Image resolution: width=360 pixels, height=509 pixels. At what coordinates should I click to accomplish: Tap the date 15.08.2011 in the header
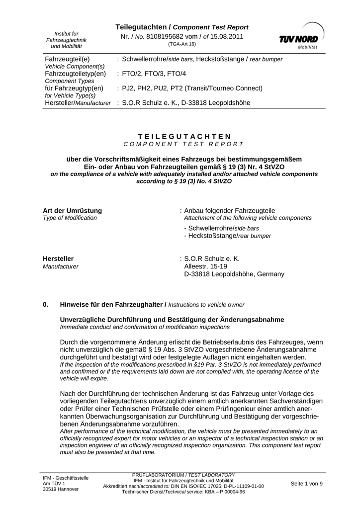tap(227, 37)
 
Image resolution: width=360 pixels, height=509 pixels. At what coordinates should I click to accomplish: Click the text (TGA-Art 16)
tap(181, 44)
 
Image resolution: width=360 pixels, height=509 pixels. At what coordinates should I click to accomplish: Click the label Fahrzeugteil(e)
tap(67, 59)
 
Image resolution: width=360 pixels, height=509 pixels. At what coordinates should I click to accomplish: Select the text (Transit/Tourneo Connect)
tap(224, 88)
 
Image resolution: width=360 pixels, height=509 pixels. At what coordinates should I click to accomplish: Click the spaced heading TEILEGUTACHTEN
tap(184, 136)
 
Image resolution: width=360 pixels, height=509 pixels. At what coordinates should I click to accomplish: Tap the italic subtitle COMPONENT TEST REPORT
tap(183, 144)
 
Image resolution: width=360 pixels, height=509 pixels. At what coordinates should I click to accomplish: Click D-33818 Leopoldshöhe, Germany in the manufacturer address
tap(234, 274)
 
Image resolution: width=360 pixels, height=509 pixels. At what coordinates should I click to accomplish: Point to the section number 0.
tap(46, 304)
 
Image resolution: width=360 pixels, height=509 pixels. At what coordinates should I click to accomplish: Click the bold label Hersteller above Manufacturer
tap(58, 259)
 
